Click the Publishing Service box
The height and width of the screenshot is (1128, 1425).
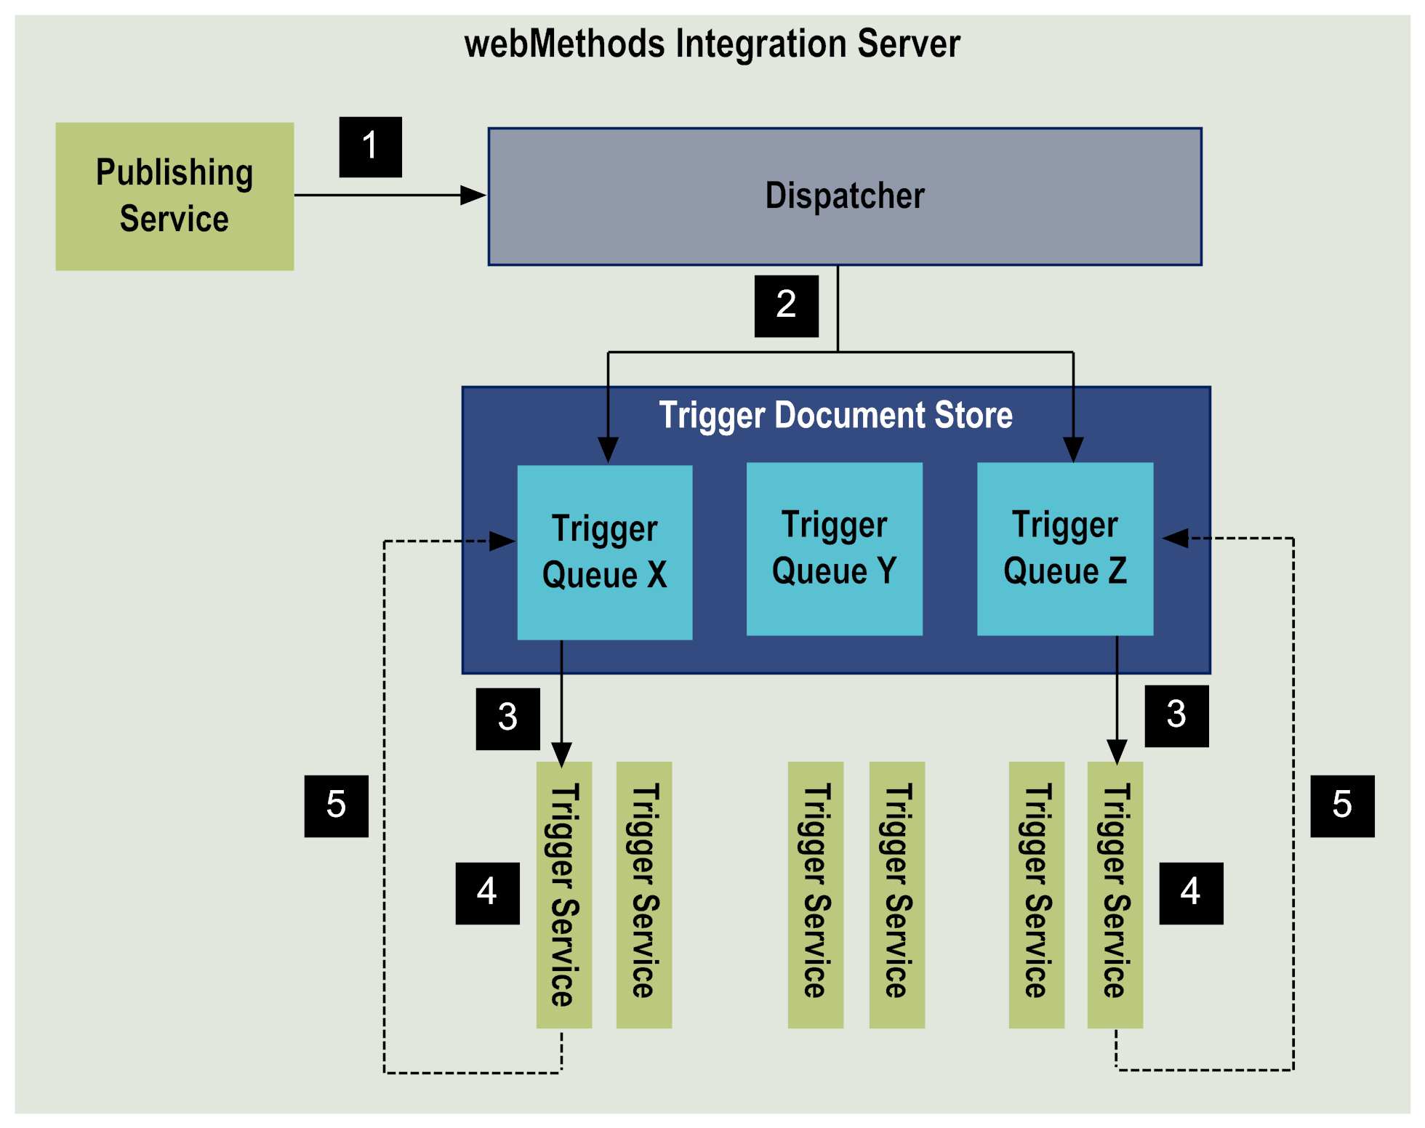tap(174, 196)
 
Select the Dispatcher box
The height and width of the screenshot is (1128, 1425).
tap(844, 196)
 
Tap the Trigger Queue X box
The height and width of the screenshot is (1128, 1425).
tap(604, 552)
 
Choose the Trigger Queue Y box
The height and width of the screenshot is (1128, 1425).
tap(834, 549)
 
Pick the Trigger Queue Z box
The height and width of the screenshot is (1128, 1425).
tap(1064, 549)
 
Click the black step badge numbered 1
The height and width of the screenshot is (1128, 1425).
tap(370, 147)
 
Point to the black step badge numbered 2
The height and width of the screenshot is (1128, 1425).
tap(786, 306)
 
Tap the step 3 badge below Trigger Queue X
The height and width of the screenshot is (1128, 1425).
tap(507, 718)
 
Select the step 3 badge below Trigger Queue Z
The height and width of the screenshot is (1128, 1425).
tap(1176, 716)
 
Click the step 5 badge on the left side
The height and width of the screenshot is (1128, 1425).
tap(336, 806)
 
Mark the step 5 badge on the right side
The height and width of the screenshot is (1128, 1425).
tap(1342, 806)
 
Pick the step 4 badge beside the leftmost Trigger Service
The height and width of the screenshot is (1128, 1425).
tap(487, 893)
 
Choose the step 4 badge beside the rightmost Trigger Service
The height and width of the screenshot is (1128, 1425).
tap(1191, 893)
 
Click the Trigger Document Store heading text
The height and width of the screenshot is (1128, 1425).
tap(835, 415)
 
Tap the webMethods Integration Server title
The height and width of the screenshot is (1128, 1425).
tap(712, 44)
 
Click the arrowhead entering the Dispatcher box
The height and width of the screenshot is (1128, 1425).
tap(473, 195)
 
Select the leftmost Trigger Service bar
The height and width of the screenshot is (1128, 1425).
tap(563, 894)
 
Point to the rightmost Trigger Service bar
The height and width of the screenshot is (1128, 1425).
tap(1115, 894)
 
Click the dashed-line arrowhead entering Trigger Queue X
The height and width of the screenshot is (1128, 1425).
tap(502, 541)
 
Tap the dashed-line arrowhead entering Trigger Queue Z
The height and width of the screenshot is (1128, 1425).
tap(1175, 538)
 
